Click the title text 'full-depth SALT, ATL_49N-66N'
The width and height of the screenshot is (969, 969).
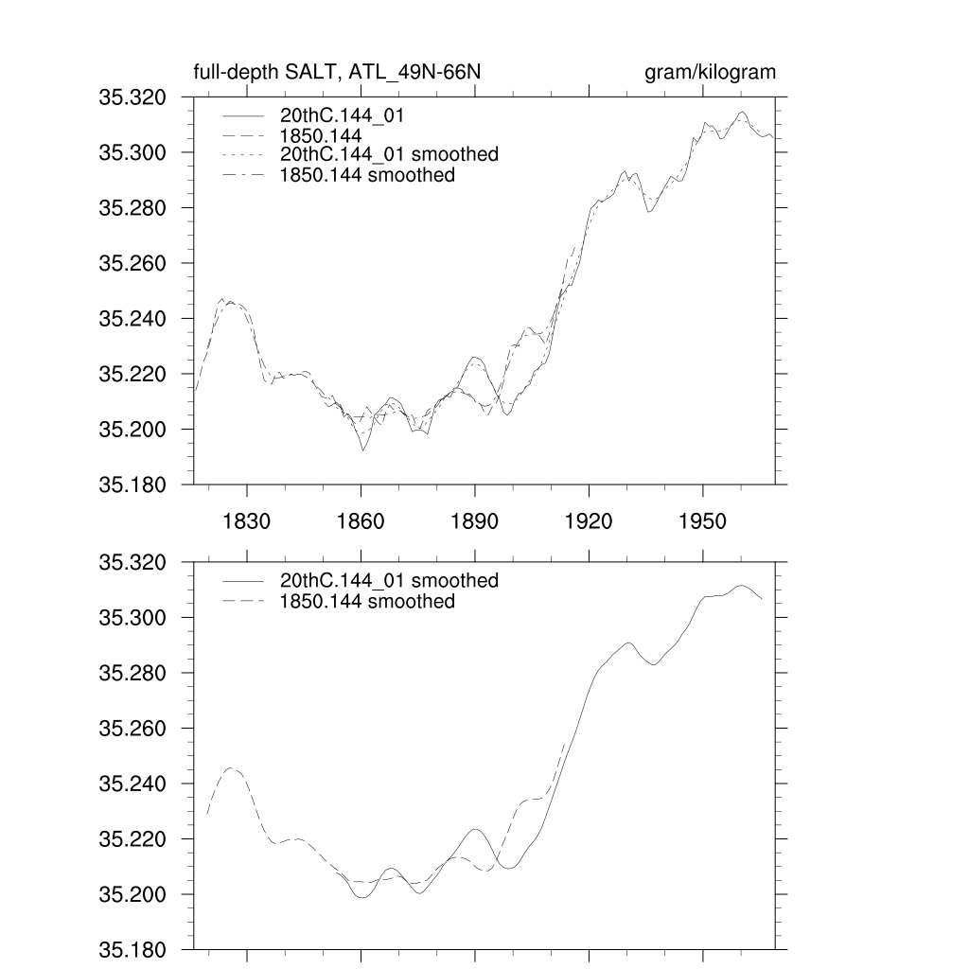pyautogui.click(x=341, y=73)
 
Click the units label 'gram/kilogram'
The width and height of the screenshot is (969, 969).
pyautogui.click(x=710, y=73)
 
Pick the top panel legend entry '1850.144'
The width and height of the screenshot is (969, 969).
pyautogui.click(x=322, y=136)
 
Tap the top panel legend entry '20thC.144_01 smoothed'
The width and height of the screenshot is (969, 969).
pyautogui.click(x=389, y=154)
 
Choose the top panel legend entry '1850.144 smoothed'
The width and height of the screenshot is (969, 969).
pyautogui.click(x=367, y=175)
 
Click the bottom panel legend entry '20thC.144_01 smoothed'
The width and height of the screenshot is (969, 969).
pyautogui.click(x=389, y=580)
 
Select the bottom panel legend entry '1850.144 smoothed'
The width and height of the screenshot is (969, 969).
pyautogui.click(x=367, y=602)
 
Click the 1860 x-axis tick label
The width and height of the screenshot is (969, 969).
pyautogui.click(x=361, y=521)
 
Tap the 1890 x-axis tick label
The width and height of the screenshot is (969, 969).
pyautogui.click(x=475, y=521)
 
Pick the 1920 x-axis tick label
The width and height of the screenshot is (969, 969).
pyautogui.click(x=589, y=521)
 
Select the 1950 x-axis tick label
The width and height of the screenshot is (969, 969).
pyautogui.click(x=703, y=521)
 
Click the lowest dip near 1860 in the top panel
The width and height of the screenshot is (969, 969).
pyautogui.click(x=362, y=450)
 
